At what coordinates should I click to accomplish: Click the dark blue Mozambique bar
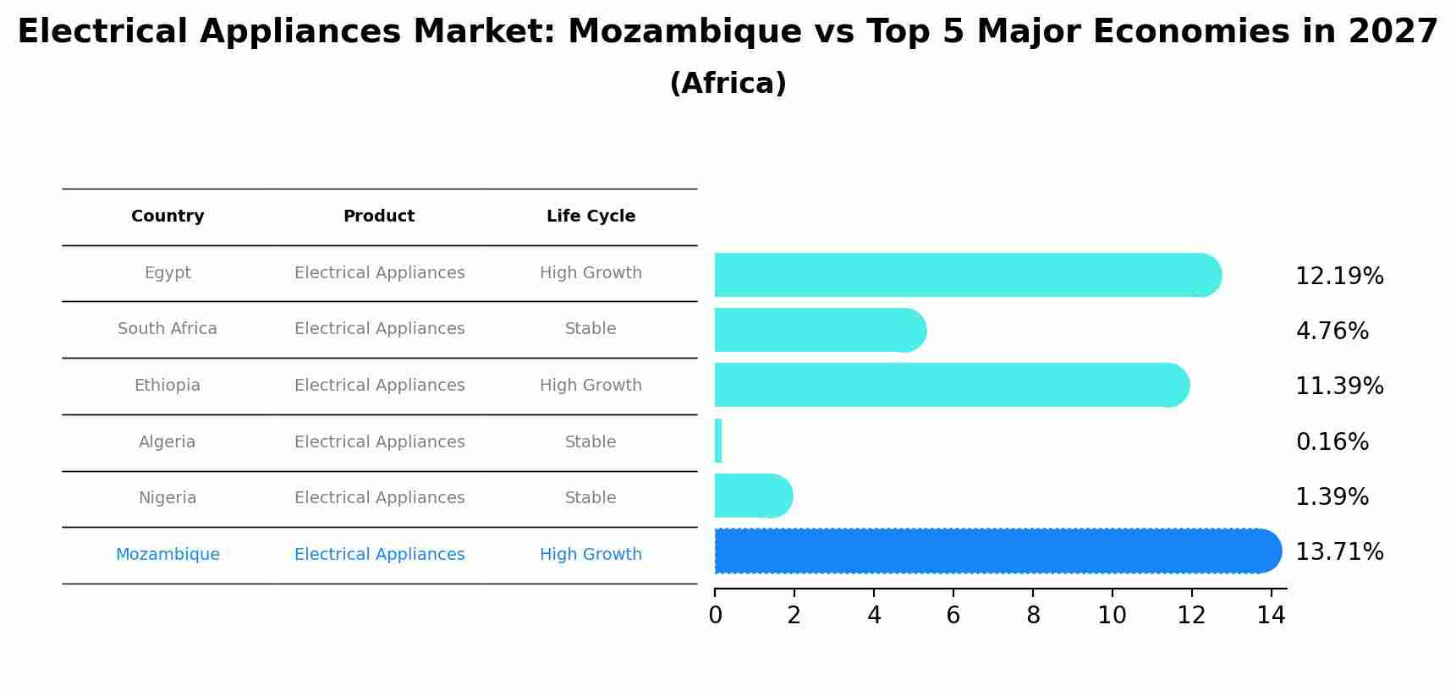pyautogui.click(x=990, y=551)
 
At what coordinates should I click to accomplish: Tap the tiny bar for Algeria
pyautogui.click(x=718, y=441)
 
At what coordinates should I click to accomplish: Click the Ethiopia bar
pyautogui.click(x=948, y=385)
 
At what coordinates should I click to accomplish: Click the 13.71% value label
pyautogui.click(x=1339, y=552)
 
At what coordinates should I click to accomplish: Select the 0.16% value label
pyautogui.click(x=1332, y=442)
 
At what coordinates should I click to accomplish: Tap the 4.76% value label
pyautogui.click(x=1332, y=332)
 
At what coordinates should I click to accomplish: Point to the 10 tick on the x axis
pyautogui.click(x=1112, y=616)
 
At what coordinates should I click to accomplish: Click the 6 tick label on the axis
pyautogui.click(x=953, y=616)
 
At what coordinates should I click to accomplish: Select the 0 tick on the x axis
pyautogui.click(x=715, y=616)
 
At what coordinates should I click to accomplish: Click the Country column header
pyautogui.click(x=168, y=216)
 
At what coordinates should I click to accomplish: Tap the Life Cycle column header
pyautogui.click(x=591, y=216)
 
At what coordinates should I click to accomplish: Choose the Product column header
pyautogui.click(x=379, y=216)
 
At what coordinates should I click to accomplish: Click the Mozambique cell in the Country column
pyautogui.click(x=168, y=555)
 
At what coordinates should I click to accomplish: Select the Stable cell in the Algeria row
pyautogui.click(x=591, y=442)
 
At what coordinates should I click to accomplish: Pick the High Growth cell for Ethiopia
pyautogui.click(x=591, y=386)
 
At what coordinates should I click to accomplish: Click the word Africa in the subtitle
pyautogui.click(x=728, y=84)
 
